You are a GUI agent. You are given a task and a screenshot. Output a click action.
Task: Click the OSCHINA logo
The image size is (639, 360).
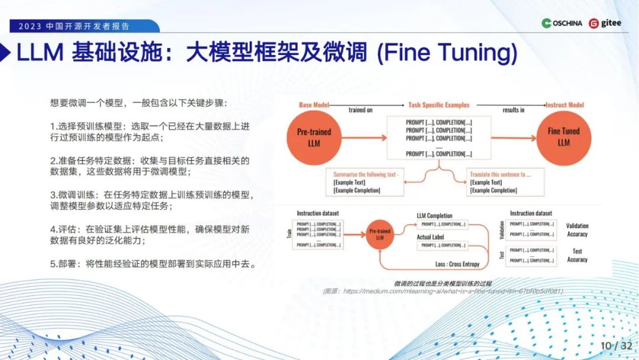tap(561, 23)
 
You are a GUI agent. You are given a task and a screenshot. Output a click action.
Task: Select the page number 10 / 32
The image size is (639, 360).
tap(617, 345)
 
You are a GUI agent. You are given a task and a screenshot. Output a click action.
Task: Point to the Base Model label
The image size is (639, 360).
tap(314, 105)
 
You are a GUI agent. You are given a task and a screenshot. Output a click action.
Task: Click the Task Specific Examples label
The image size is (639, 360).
tap(439, 105)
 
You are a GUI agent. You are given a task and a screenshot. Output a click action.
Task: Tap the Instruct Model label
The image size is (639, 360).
tap(564, 105)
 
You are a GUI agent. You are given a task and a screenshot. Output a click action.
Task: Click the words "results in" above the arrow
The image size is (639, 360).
tap(514, 110)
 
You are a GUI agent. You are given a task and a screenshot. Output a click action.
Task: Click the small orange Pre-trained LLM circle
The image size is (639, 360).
tap(380, 234)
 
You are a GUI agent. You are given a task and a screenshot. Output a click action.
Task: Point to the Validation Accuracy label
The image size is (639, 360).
tap(577, 230)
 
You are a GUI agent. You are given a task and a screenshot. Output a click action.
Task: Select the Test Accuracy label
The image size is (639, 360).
tap(577, 255)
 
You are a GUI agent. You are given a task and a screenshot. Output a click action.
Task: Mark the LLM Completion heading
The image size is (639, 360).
tap(434, 216)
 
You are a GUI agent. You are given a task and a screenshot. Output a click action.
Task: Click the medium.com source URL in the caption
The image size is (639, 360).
tap(453, 291)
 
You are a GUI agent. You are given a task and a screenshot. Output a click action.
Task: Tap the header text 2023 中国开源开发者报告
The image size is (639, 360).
tap(74, 27)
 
